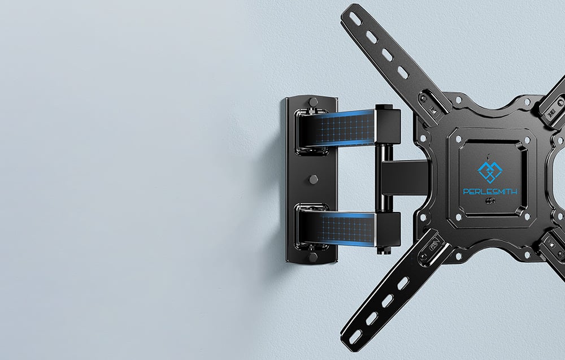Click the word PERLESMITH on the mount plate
[x=490, y=192]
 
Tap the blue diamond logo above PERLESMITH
[x=490, y=172]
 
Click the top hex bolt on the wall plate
[x=313, y=102]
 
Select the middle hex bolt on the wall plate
[x=313, y=179]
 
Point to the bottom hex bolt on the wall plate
[x=313, y=257]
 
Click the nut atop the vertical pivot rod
[x=384, y=107]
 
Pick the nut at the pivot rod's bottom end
[x=383, y=250]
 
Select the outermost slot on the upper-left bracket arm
[x=355, y=19]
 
